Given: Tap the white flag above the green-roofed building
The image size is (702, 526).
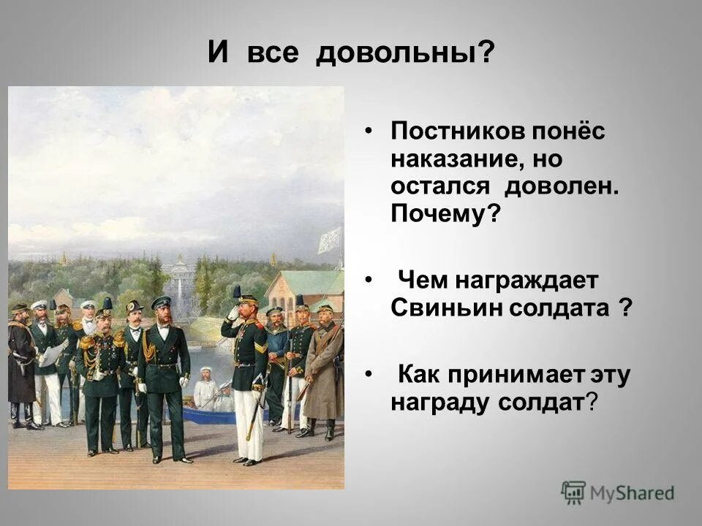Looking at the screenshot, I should (x=329, y=240).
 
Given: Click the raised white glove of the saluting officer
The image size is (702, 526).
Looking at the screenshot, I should (x=233, y=312).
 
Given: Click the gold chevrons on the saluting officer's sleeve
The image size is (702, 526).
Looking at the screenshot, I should (x=260, y=346).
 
